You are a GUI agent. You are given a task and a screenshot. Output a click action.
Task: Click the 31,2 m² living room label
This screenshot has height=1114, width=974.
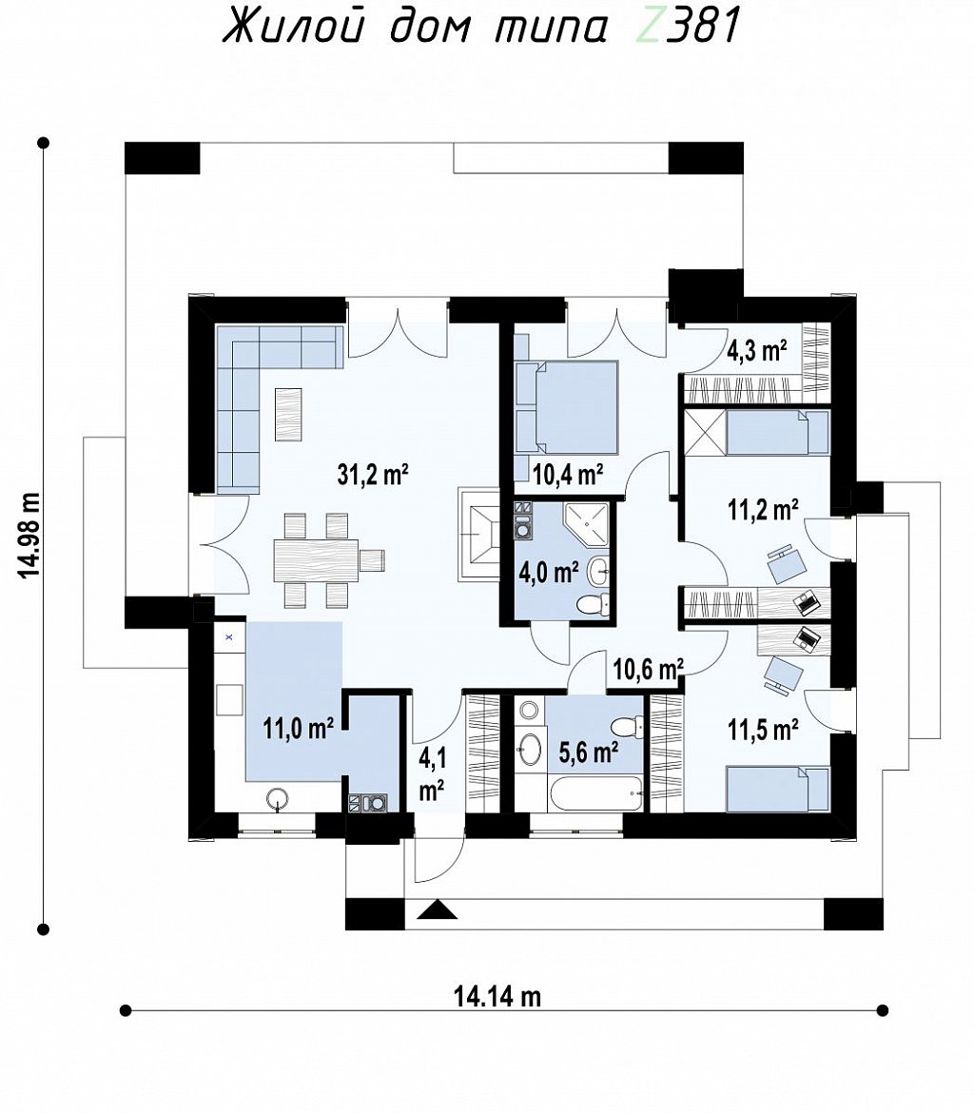(373, 474)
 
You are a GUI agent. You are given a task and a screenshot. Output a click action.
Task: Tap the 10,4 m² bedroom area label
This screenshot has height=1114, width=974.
(569, 474)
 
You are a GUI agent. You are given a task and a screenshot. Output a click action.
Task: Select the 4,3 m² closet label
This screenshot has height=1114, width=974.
(757, 350)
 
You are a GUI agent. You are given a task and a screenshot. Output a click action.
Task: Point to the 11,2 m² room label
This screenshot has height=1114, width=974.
(763, 509)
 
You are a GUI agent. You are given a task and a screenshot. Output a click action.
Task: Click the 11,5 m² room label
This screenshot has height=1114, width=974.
(763, 729)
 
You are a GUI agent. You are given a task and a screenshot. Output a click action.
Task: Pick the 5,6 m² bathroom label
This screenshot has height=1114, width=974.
(588, 752)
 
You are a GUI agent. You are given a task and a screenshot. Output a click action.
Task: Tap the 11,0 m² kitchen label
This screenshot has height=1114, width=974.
(299, 728)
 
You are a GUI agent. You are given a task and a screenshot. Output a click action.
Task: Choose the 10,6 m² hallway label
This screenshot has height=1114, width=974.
(649, 669)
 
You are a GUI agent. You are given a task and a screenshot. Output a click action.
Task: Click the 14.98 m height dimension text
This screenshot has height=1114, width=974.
(29, 535)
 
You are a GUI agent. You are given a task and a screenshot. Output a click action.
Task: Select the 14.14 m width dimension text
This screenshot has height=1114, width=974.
(497, 997)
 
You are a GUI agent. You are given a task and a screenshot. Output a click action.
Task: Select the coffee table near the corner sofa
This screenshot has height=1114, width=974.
(288, 414)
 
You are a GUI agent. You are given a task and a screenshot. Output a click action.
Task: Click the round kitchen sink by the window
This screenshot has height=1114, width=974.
(278, 799)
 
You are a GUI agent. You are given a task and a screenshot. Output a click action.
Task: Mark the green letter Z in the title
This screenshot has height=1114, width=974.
(649, 27)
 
